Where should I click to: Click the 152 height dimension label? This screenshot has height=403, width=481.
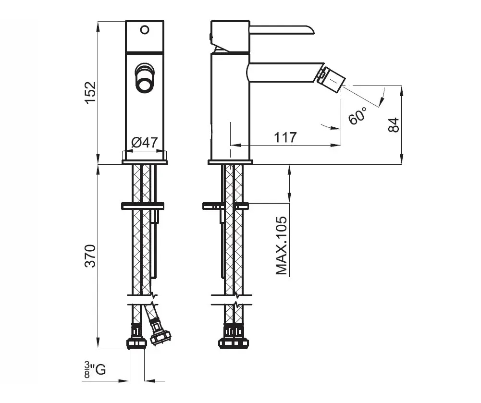(90, 93)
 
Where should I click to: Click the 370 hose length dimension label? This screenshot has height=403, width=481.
(90, 256)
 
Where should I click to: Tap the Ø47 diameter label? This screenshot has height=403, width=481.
(145, 142)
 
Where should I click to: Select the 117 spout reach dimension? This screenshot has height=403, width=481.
(285, 137)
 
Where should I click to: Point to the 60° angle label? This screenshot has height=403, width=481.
(358, 115)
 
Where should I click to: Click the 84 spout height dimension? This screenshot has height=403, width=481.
(394, 124)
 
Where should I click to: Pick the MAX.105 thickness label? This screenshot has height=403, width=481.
(282, 245)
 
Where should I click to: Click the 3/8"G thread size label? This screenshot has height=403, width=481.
(95, 369)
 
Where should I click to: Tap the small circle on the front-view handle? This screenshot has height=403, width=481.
(145, 30)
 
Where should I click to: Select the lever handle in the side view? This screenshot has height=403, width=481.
(282, 30)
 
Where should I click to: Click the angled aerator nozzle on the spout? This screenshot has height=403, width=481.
(331, 78)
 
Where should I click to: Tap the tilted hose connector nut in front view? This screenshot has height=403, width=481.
(160, 333)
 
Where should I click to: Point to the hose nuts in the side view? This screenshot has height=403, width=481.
(234, 337)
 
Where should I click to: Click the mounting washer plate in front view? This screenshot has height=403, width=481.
(143, 206)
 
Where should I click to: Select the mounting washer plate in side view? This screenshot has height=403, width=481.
(226, 206)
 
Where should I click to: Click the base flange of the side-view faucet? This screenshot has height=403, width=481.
(230, 162)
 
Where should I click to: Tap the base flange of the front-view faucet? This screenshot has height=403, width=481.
(145, 162)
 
